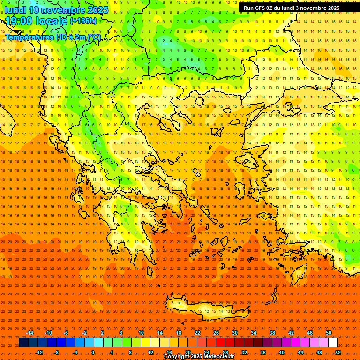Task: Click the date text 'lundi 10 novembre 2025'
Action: click(x=57, y=10)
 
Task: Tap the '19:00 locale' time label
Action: click(x=37, y=21)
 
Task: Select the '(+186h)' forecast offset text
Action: click(x=83, y=21)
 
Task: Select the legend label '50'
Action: click(x=328, y=333)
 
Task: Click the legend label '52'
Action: click(x=338, y=352)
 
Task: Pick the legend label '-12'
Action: click(x=39, y=352)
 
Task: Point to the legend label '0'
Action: click(x=92, y=352)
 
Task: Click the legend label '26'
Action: click(x=216, y=333)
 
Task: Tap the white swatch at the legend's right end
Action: click(x=333, y=342)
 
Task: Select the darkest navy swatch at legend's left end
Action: click(x=24, y=342)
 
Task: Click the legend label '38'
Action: click(x=272, y=333)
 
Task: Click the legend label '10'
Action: click(x=141, y=333)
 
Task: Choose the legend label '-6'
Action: click(x=66, y=333)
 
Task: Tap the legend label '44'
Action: click(x=300, y=352)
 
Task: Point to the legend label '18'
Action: click(x=179, y=333)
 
